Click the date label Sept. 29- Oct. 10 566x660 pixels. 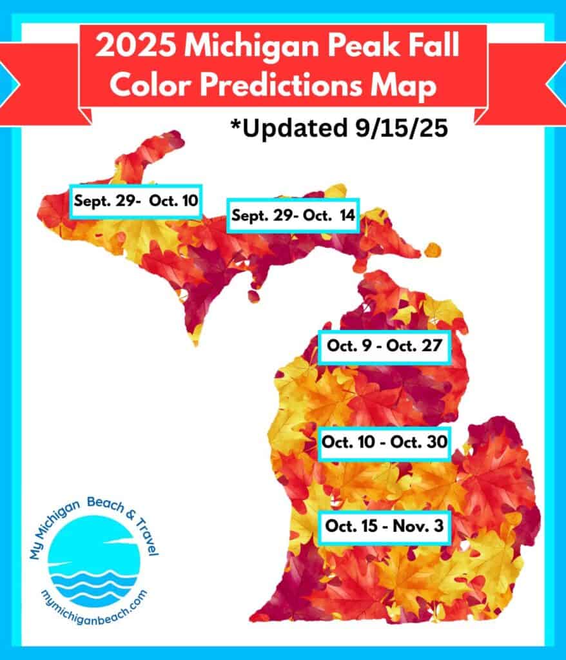click(x=135, y=200)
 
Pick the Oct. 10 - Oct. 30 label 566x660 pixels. click(x=384, y=443)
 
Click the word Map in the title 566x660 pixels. click(x=410, y=86)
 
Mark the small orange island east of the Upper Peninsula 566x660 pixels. click(x=433, y=250)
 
